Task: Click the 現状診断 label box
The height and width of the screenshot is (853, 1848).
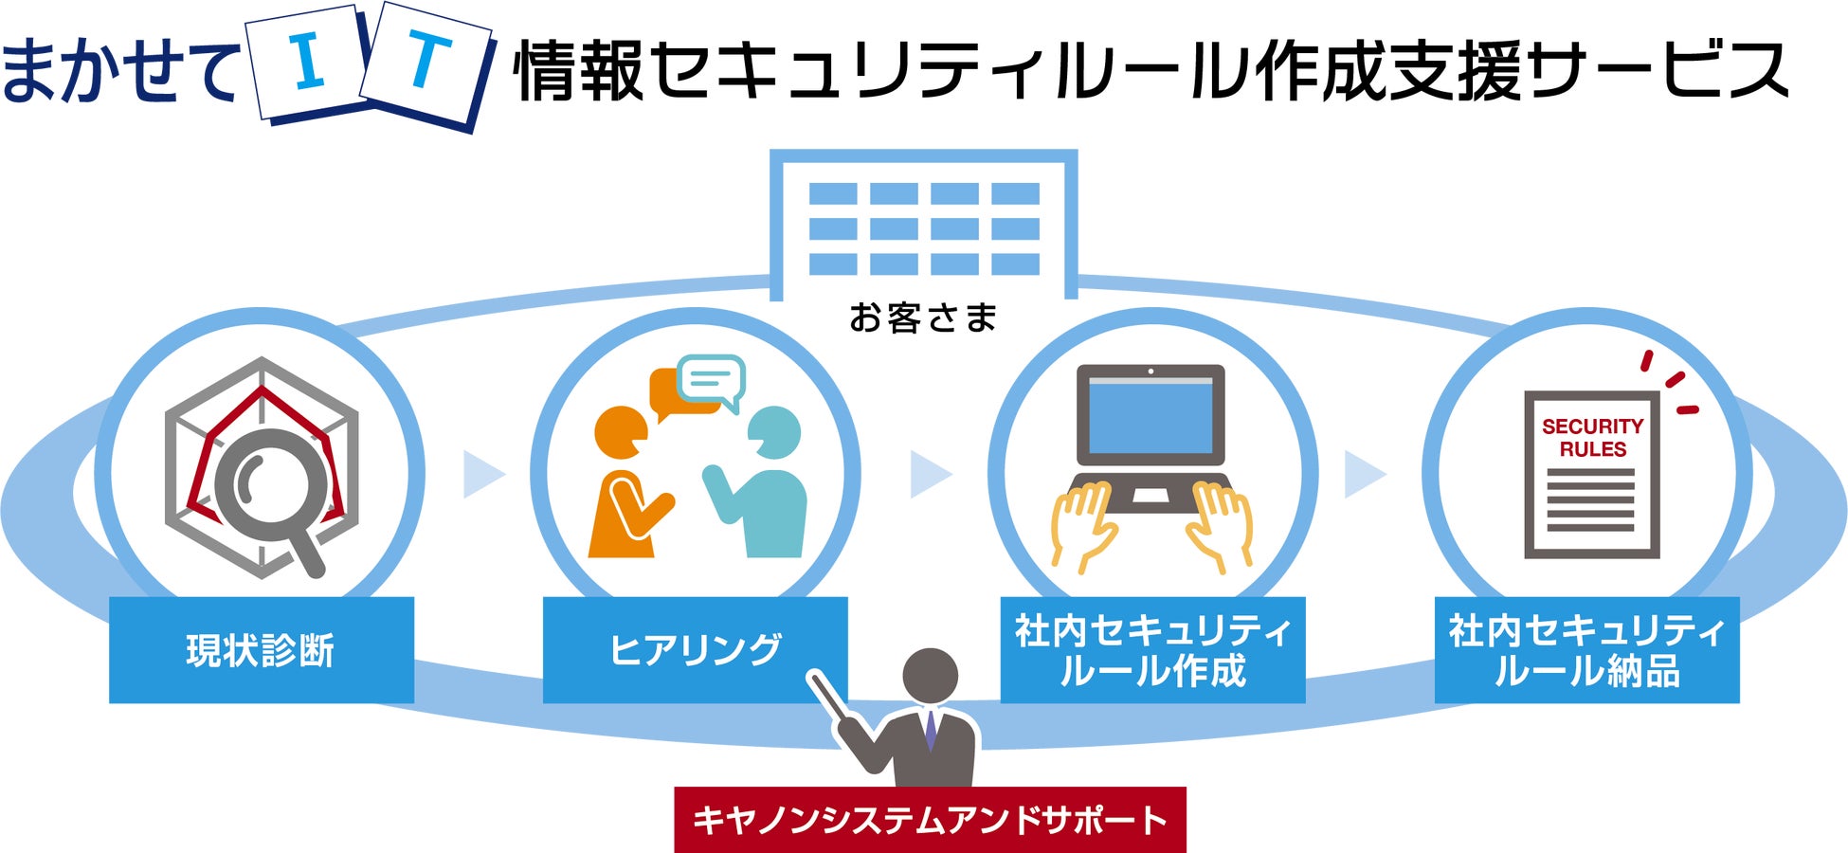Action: point(262,650)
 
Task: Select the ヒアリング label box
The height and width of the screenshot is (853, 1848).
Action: point(695,650)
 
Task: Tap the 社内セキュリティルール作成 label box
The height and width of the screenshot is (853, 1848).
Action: point(1152,650)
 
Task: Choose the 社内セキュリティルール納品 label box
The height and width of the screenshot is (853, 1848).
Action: point(1586,650)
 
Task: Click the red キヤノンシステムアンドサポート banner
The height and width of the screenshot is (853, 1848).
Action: point(930,820)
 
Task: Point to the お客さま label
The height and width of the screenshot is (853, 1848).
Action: point(923,318)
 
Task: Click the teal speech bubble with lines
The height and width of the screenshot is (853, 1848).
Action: point(712,381)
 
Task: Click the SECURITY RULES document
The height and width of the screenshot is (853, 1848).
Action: point(1591,474)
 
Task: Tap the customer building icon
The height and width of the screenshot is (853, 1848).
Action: point(923,224)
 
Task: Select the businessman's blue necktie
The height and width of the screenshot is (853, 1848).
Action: point(931,731)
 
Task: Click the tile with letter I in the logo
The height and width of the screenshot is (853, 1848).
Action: point(307,64)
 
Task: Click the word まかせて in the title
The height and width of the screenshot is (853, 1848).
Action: point(119,71)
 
